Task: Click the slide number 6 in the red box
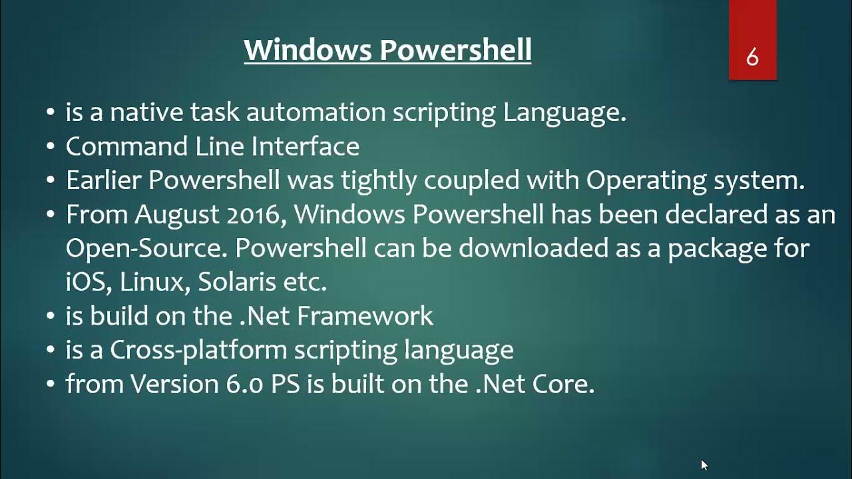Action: (x=752, y=58)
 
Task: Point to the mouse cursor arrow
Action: (x=704, y=464)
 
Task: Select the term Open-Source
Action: (x=145, y=249)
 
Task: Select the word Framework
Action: (x=365, y=316)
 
